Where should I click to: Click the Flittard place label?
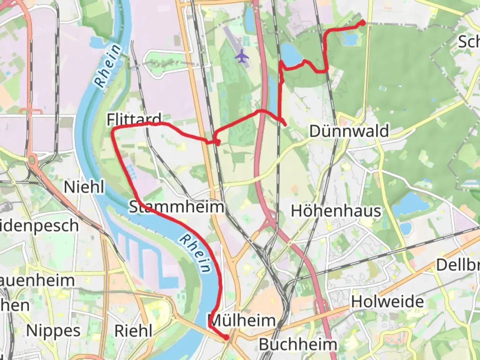coord(134,119)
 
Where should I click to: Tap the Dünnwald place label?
coord(349,131)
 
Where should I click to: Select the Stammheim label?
coord(176,207)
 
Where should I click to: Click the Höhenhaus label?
coord(336,211)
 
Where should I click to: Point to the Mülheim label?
coord(243,321)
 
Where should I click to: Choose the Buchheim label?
coord(298,345)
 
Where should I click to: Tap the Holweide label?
coord(387,302)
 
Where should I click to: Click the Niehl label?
coord(84,187)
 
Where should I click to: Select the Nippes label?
coord(53,331)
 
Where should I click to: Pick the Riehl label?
coord(133,331)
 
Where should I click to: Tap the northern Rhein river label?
coord(107,66)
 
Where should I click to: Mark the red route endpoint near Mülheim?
coord(227,338)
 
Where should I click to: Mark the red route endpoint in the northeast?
coord(362,23)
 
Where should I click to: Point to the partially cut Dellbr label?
coord(458,265)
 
